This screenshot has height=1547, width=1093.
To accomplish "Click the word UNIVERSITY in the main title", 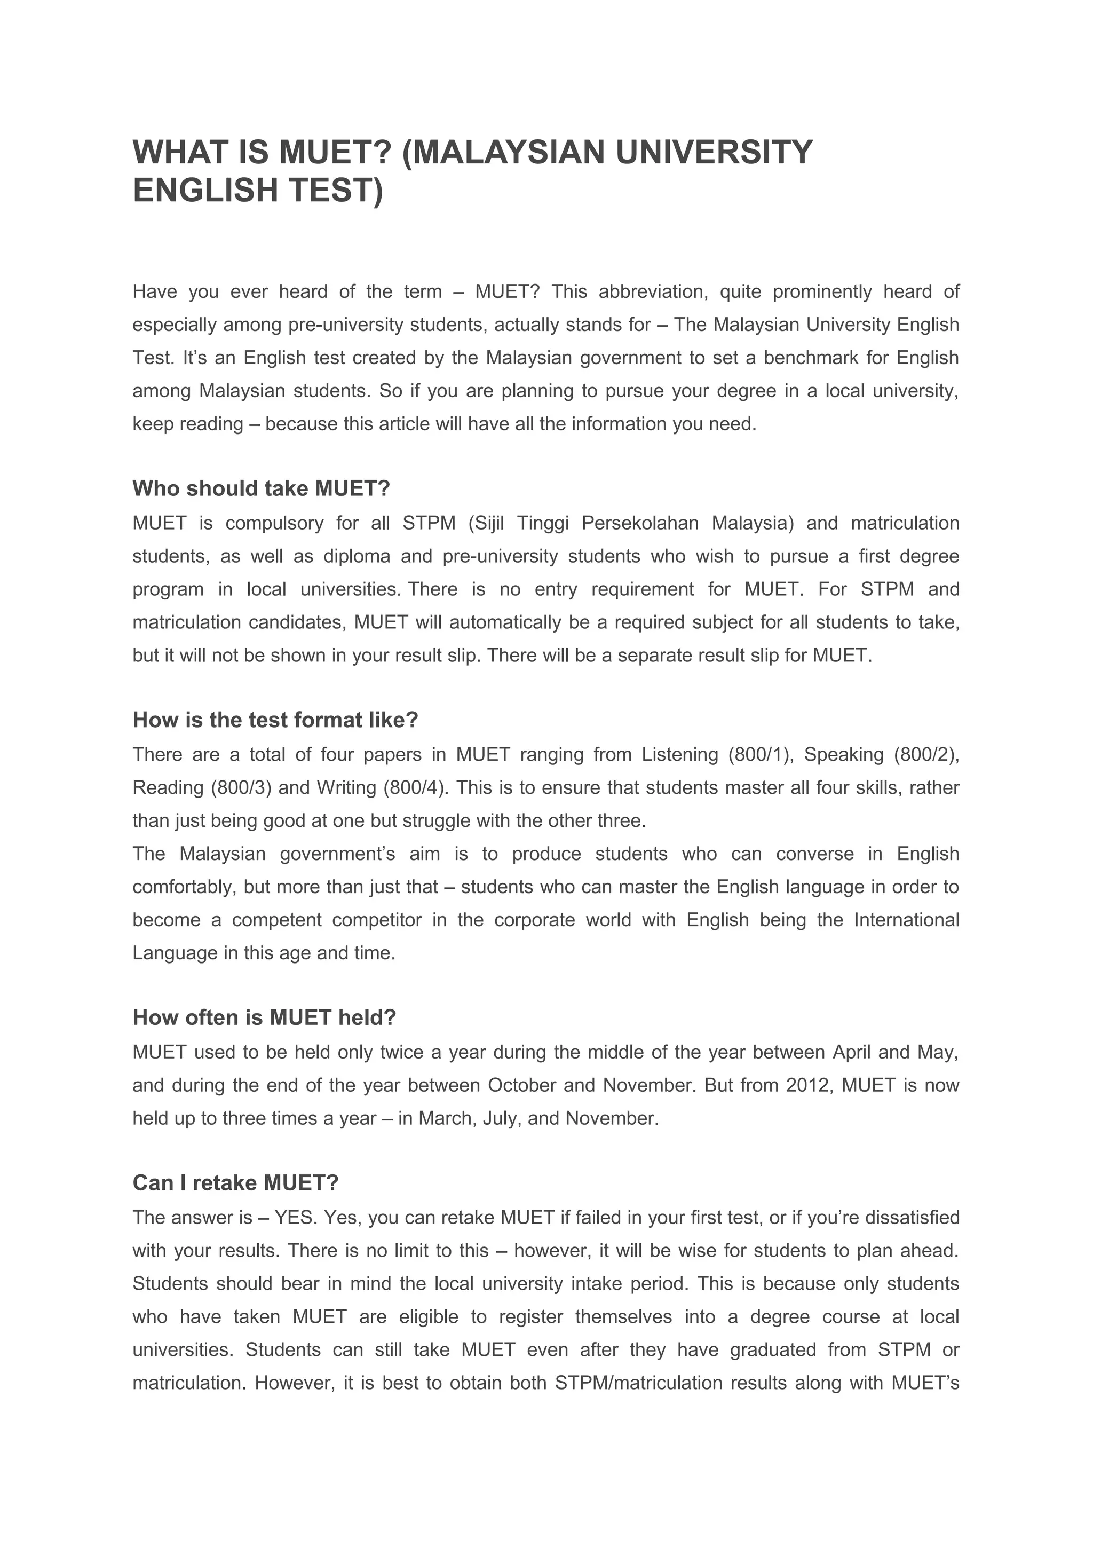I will click(x=715, y=152).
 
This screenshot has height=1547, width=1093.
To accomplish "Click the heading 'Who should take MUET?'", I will click(x=262, y=488).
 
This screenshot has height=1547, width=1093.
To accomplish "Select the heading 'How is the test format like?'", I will click(x=275, y=720).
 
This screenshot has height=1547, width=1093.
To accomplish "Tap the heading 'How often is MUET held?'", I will click(x=264, y=1017).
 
